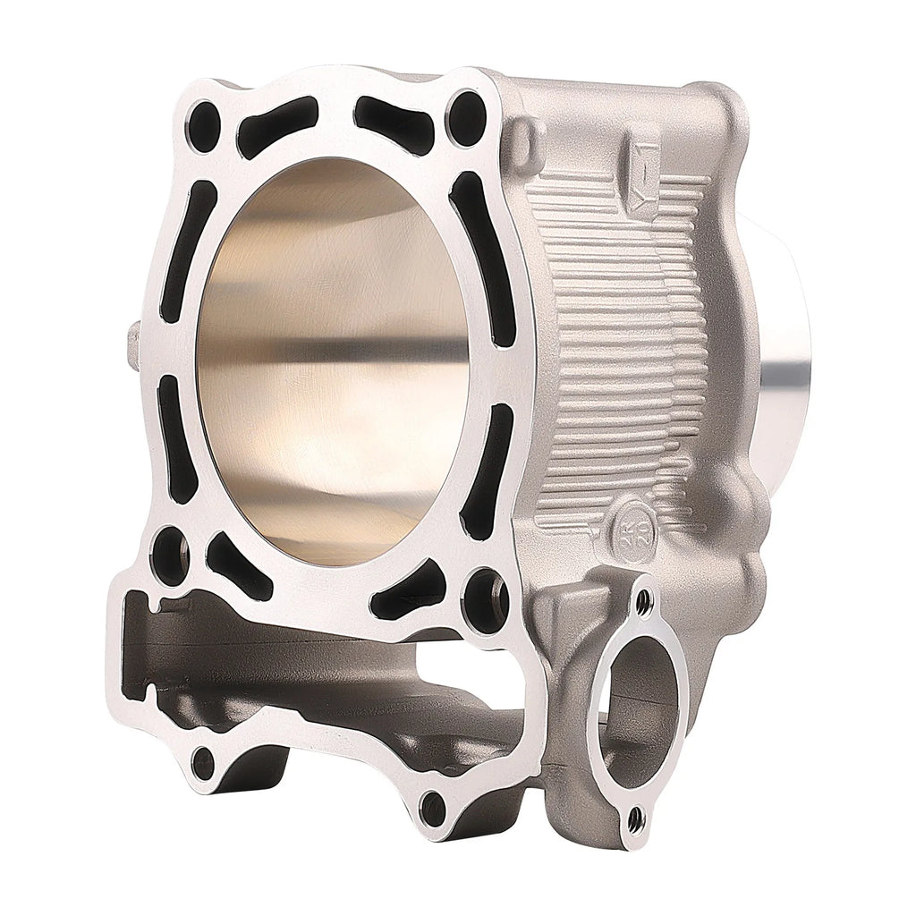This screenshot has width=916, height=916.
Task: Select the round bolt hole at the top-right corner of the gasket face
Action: click(466, 117)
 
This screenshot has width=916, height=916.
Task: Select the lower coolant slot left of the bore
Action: click(176, 438)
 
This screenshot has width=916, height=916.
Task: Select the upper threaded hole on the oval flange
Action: click(642, 600)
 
